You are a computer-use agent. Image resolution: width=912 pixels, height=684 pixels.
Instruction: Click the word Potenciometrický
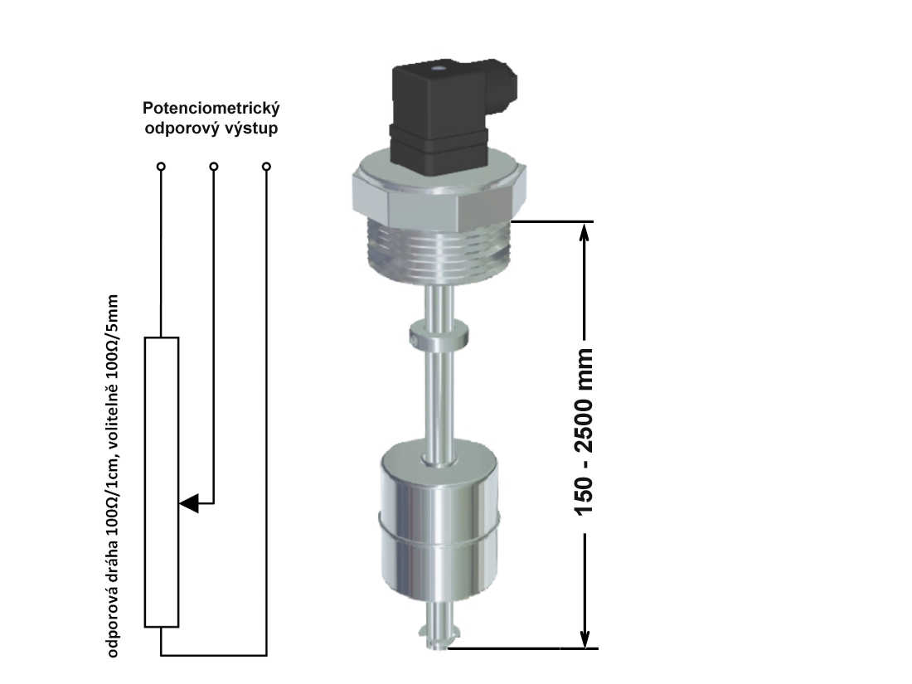pos(211,109)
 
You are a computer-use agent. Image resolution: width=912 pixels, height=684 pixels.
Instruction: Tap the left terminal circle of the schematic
pos(161,167)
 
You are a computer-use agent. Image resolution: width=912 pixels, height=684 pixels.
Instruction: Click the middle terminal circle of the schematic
pos(214,167)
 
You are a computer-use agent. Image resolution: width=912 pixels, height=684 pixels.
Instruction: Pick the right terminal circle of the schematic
pos(266,167)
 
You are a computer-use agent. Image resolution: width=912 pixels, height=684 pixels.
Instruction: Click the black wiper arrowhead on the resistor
pos(190,503)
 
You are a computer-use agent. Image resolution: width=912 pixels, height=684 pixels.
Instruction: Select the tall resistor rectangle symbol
pos(162,481)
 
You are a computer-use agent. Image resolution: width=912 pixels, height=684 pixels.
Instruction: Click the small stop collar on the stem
pos(439,336)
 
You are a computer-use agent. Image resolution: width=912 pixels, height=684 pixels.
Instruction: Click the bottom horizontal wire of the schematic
pos(213,656)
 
